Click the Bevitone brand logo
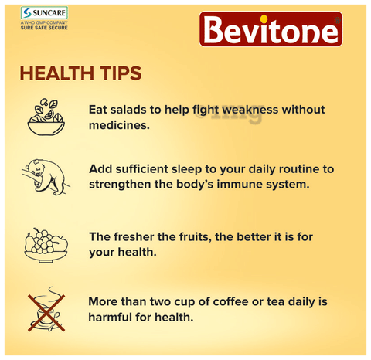tap(271, 29)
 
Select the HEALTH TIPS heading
tap(80, 73)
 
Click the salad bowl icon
tap(46, 117)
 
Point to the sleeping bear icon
tap(45, 177)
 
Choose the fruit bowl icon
tap(46, 245)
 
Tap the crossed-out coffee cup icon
tap(46, 309)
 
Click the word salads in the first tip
tap(128, 110)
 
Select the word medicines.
tap(119, 125)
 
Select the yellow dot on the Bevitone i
tap(264, 19)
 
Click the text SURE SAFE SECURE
tap(44, 28)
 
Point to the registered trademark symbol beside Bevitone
tap(337, 21)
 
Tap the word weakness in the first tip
tap(250, 110)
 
